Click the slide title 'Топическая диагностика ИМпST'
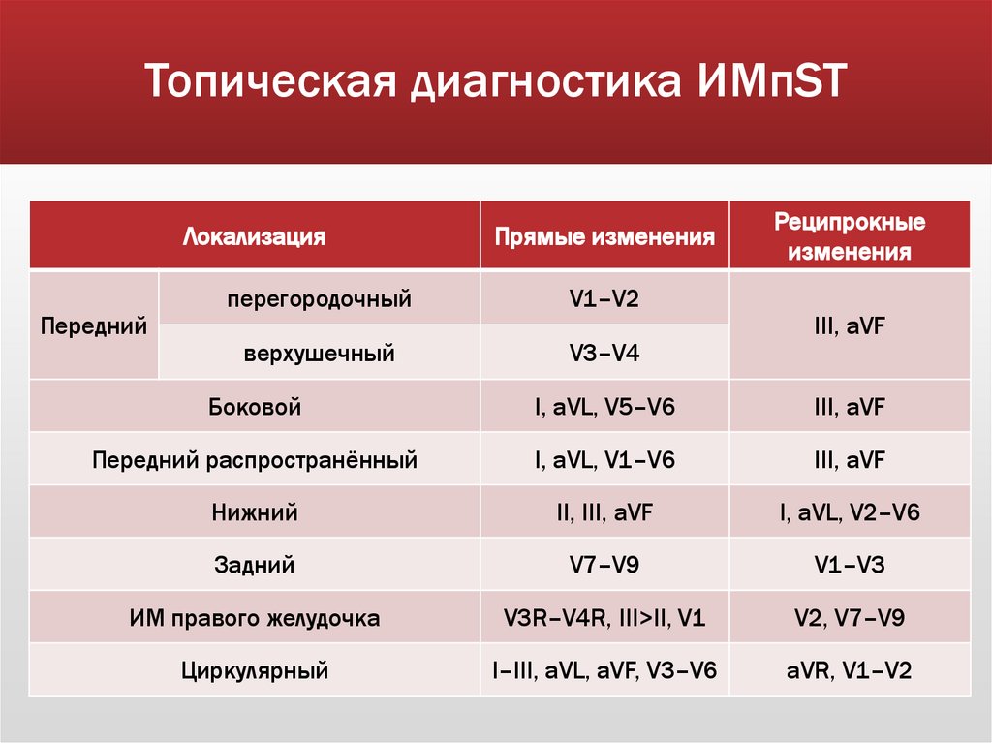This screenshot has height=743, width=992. tap(495, 81)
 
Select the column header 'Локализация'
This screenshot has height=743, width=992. tap(254, 236)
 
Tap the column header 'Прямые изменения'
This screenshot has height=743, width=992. tap(604, 236)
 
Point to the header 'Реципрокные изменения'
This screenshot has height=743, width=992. tap(849, 236)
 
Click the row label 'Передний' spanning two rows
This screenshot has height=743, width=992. tap(94, 325)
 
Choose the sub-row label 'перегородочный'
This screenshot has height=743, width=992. tap(319, 299)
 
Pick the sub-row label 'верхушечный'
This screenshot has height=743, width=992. tap(319, 354)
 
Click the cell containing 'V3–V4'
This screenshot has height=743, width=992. tap(604, 354)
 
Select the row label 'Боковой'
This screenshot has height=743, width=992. tap(255, 407)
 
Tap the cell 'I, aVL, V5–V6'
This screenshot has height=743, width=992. tap(604, 407)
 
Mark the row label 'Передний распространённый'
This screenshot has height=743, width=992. tap(255, 459)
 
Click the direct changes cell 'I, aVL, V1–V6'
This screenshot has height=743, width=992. tap(604, 459)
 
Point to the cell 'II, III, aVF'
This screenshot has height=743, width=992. tap(604, 512)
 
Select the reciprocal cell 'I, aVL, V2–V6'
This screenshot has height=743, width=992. tap(849, 512)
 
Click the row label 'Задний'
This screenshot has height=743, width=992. tap(255, 565)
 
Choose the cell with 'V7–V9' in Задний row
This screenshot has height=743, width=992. tap(604, 565)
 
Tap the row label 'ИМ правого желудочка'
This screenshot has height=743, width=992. tap(255, 617)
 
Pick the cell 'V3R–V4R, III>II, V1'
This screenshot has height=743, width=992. tap(604, 617)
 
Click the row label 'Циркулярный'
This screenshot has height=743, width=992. tap(255, 669)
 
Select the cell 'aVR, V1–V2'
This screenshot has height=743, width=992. tap(849, 669)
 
